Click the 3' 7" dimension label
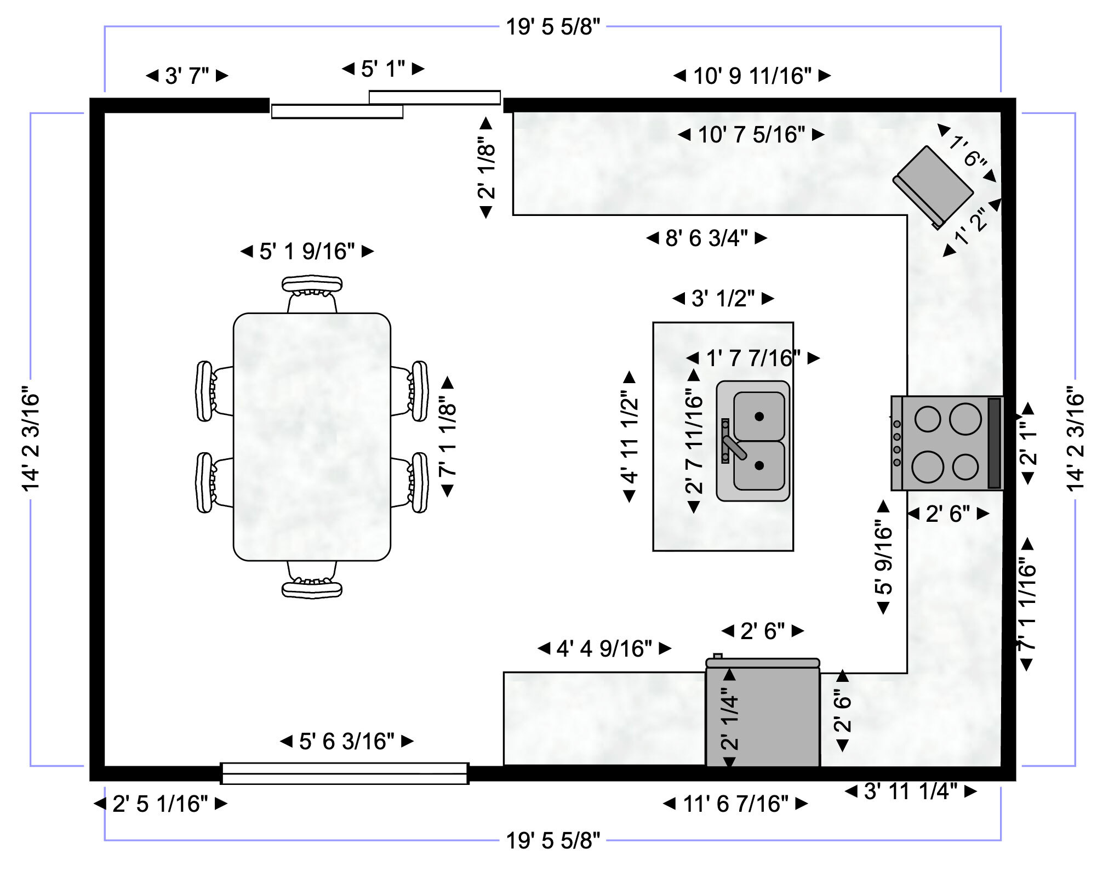(187, 76)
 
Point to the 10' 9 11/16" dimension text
(752, 76)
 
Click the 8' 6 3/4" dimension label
(706, 238)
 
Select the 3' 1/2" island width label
(723, 298)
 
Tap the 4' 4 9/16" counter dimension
(604, 648)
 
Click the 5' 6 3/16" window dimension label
(346, 741)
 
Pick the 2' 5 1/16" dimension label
(160, 804)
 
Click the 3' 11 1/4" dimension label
(910, 791)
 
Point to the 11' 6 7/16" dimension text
(735, 804)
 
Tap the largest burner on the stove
(965, 419)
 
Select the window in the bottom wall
(345, 773)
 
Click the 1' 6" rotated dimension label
(968, 151)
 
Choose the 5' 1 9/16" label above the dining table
(307, 251)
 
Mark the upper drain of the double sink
(759, 417)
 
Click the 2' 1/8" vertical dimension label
(487, 167)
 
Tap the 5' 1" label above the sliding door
(383, 69)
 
